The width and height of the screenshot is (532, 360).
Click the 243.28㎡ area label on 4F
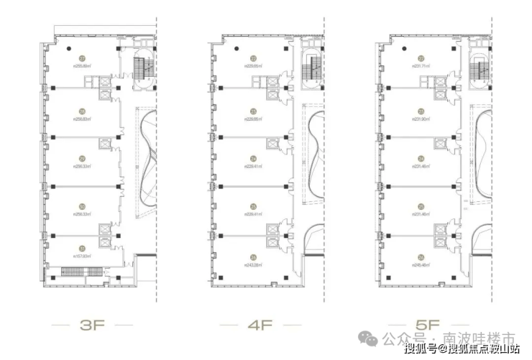pos(254,264)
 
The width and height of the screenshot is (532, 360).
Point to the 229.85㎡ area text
pos(254,67)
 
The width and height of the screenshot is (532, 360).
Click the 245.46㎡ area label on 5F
pos(421,264)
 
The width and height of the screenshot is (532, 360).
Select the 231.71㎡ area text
pos(421,67)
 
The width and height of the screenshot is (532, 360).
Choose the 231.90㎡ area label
pos(421,119)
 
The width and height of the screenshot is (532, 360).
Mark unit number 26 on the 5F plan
pos(421,257)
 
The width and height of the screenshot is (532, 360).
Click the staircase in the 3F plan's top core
pos(141,70)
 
